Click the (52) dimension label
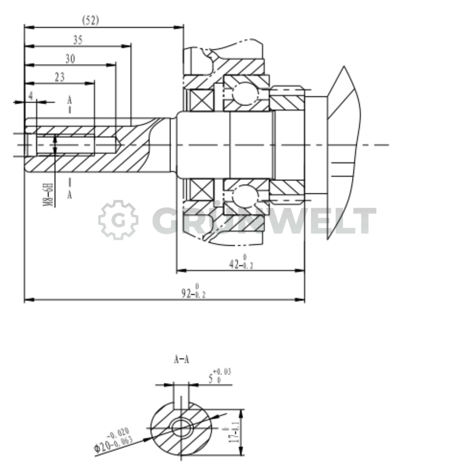pos(90,21)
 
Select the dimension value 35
pos(78,40)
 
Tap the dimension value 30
pos(70,59)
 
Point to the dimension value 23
pos(60,77)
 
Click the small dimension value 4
pos(31,96)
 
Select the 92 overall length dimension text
pos(193,291)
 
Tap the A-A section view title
pos(181,360)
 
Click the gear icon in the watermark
pos(118,220)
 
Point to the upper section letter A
pos(69,100)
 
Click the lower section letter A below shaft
pos(69,195)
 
